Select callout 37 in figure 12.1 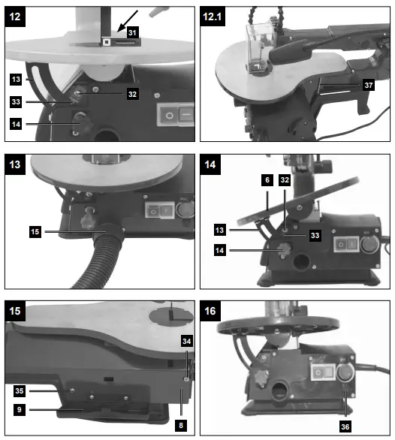pyautogui.click(x=369, y=86)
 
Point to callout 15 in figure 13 pyautogui.click(x=36, y=233)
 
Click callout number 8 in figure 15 pyautogui.click(x=180, y=424)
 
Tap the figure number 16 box pyautogui.click(x=214, y=310)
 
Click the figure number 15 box pyautogui.click(x=17, y=310)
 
